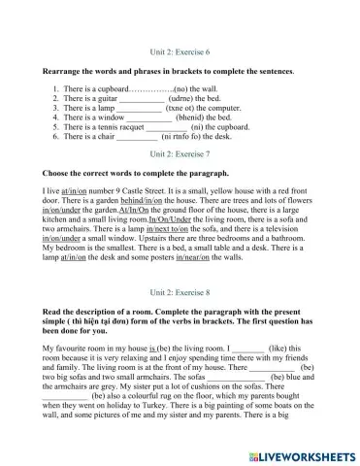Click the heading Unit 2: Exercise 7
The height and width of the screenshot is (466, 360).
[x=180, y=153]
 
